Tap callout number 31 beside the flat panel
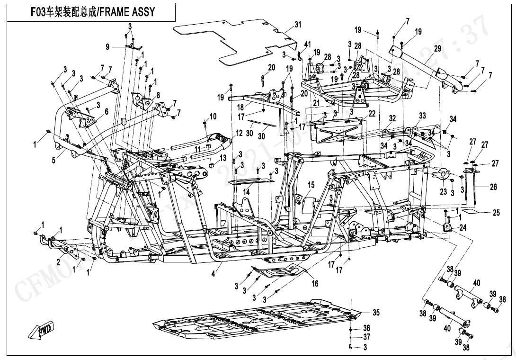point(297,24)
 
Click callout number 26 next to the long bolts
point(493,188)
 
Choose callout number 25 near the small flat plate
point(496,213)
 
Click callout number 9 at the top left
point(107,46)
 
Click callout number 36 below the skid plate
point(366,328)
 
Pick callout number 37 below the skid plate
point(366,337)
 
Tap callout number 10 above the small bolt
point(213,116)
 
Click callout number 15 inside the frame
point(311,184)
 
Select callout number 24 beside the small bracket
point(463,227)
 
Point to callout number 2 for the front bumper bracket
point(58,262)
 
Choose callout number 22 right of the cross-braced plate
point(372,113)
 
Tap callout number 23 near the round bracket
point(444,192)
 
